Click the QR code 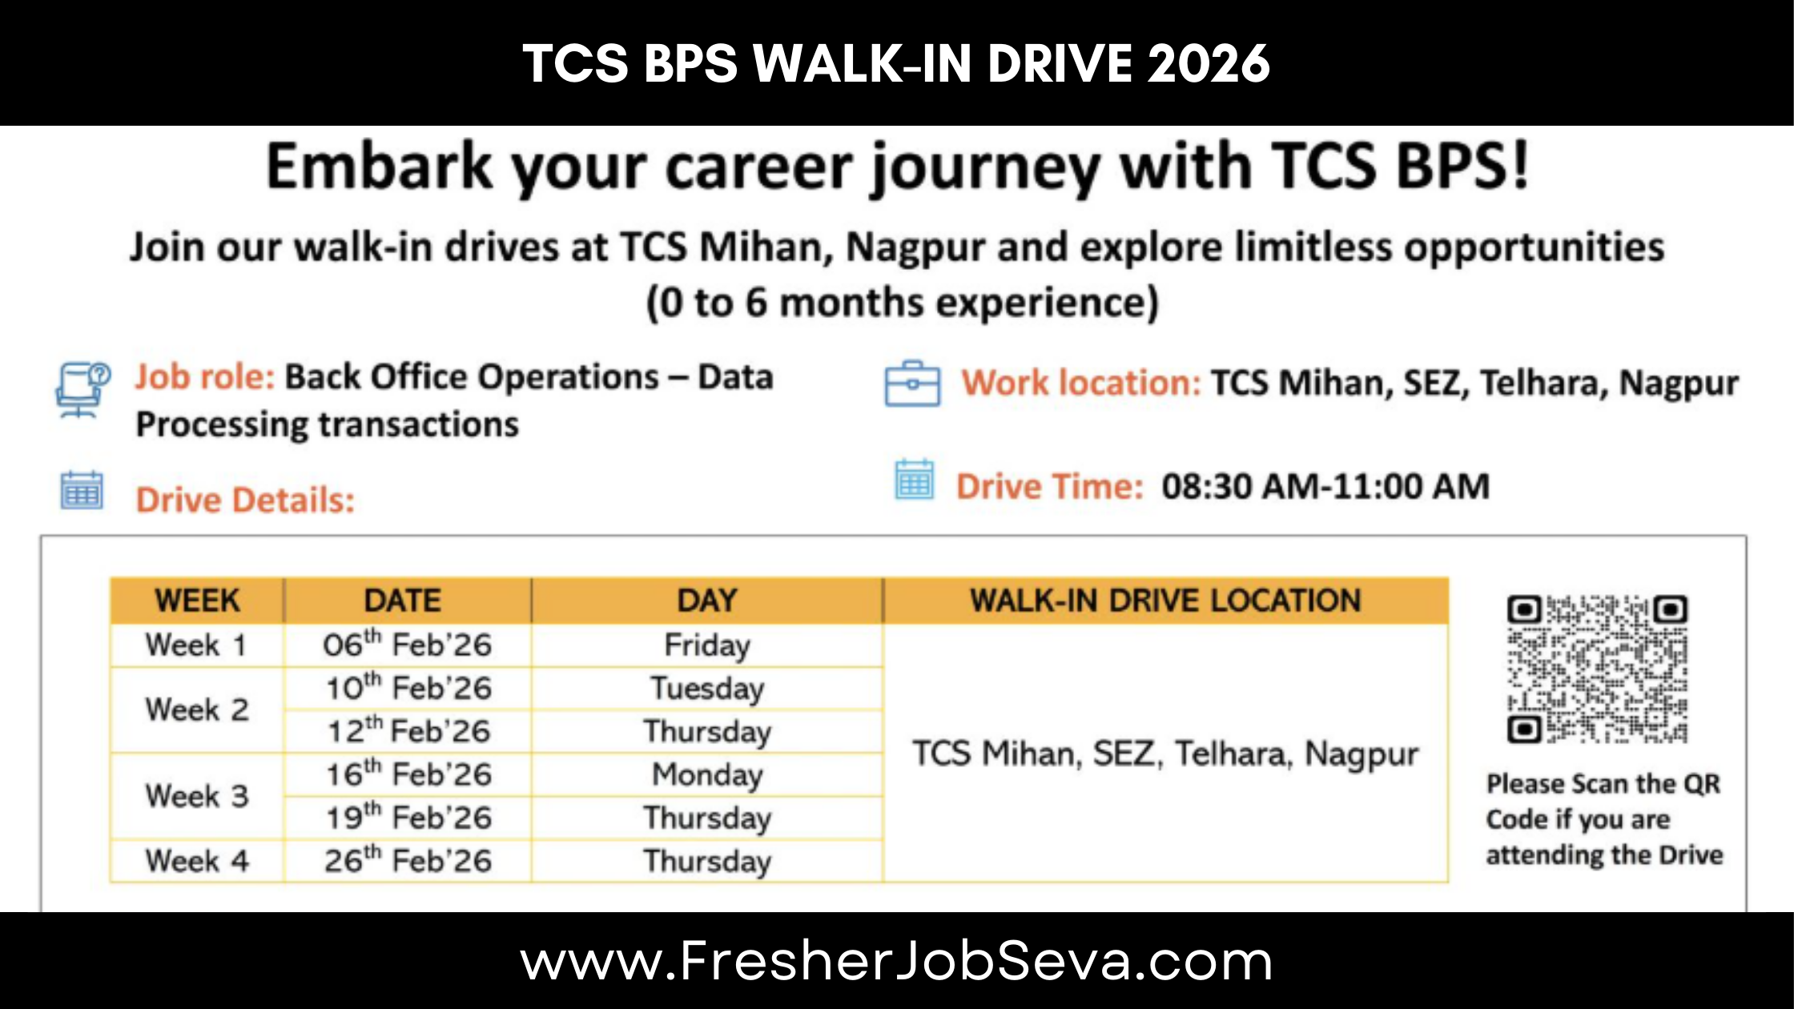point(1597,669)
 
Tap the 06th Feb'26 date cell point(407,645)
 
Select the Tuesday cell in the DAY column point(707,689)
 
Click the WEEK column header point(197,601)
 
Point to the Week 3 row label point(197,796)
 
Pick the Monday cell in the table point(707,775)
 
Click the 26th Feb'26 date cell point(407,861)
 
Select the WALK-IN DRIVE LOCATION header point(1165,601)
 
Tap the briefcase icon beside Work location point(912,384)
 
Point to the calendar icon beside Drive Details point(82,491)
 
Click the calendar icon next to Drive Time point(914,480)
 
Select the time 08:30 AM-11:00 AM point(1325,487)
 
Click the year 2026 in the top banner point(1209,64)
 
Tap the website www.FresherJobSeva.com point(896,962)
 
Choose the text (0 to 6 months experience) point(903,304)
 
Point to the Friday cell point(707,645)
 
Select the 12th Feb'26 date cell point(407,731)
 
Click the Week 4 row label point(197,861)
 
